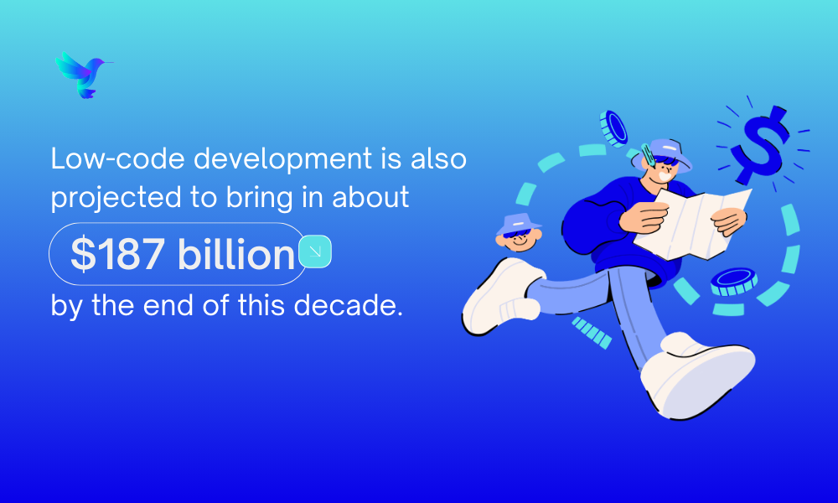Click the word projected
(x=116, y=199)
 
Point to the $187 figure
(x=117, y=255)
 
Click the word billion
(x=235, y=253)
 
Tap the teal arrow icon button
(x=315, y=251)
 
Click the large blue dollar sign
(x=760, y=145)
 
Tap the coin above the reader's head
(x=613, y=129)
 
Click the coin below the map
(x=734, y=282)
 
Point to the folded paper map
(x=693, y=224)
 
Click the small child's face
(x=518, y=240)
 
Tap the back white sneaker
(x=501, y=297)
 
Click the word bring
(x=259, y=199)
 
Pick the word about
(x=370, y=197)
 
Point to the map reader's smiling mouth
(x=665, y=175)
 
